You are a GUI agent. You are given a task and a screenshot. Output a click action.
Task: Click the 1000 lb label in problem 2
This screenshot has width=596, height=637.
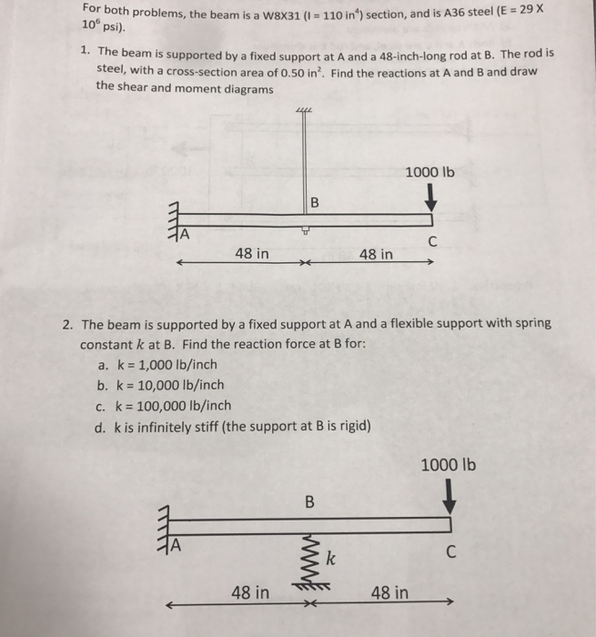click(x=450, y=466)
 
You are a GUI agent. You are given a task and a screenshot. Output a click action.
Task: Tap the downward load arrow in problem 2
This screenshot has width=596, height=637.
click(x=451, y=499)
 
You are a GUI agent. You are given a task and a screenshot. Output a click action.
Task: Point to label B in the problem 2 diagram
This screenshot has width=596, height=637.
click(x=308, y=500)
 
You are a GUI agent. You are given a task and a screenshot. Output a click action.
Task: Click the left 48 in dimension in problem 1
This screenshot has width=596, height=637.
click(x=251, y=254)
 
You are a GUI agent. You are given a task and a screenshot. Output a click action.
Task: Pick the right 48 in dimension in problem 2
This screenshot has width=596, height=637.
click(x=389, y=593)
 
